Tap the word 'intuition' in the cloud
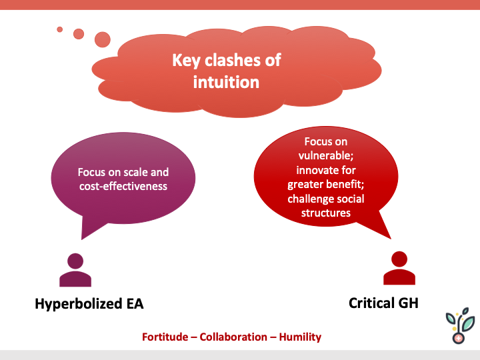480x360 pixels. pos(226,82)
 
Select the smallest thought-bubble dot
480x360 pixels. pos(59,29)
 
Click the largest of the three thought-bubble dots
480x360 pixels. pos(102,39)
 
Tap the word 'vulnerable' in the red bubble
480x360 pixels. pos(326,155)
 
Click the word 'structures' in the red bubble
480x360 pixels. pos(326,213)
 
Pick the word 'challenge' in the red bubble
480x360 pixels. pos(312,199)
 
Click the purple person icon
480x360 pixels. pos(75,269)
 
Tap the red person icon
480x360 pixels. pos(399,268)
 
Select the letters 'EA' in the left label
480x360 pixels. pos(134,304)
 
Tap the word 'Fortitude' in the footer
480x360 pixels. pos(166,337)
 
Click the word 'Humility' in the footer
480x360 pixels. pos(300,337)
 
